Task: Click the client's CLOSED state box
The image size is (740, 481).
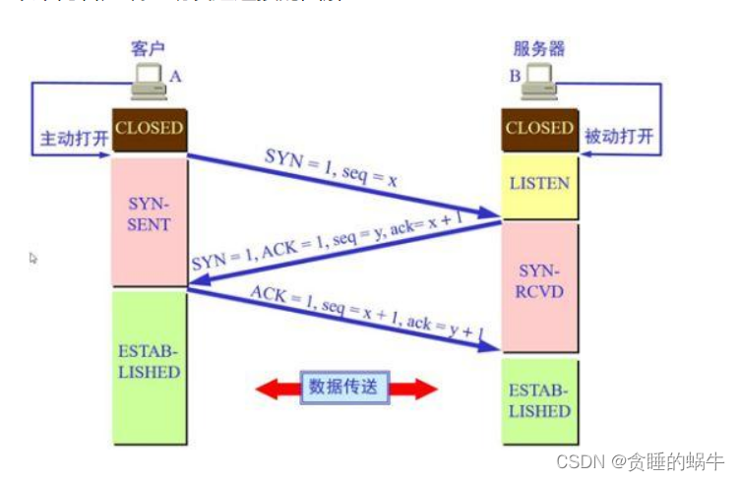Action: (x=149, y=128)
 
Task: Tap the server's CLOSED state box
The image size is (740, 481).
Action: (x=539, y=129)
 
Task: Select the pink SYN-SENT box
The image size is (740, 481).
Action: (x=149, y=215)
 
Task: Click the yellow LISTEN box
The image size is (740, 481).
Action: (x=539, y=184)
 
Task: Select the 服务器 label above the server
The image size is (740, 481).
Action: (x=539, y=48)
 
